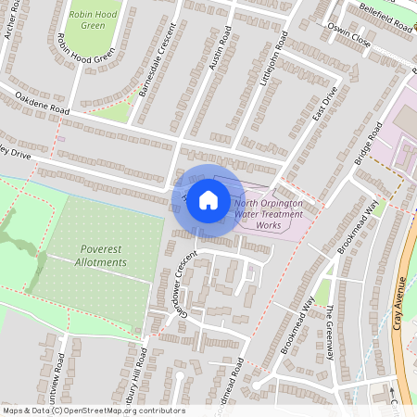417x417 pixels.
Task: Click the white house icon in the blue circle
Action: coord(208,199)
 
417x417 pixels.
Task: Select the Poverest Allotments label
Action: coord(103,256)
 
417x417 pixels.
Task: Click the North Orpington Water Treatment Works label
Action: coord(268,213)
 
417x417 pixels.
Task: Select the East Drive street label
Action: coord(321,114)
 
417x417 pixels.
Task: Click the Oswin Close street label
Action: coord(347,42)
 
